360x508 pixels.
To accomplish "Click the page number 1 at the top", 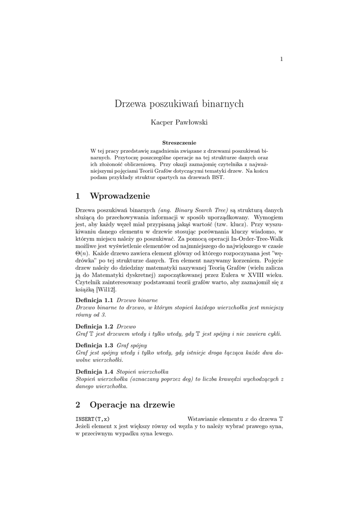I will (282, 60).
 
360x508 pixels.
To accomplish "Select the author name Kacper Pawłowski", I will (179, 122).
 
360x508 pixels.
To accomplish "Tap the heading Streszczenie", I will (179, 142).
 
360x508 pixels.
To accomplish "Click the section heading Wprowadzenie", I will (120, 196).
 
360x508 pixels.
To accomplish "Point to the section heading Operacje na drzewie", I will (132, 405).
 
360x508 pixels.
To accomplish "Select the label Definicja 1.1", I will (94, 301).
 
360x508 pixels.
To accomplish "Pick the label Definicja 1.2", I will (94, 326).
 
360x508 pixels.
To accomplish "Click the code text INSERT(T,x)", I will (93, 419).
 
